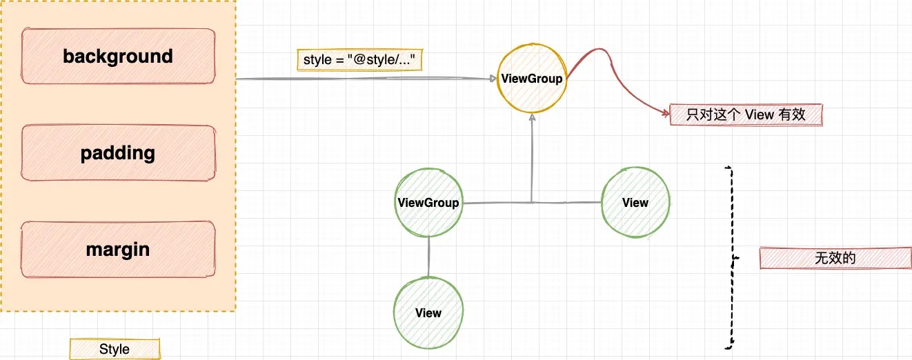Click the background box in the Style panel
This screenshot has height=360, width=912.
point(118,56)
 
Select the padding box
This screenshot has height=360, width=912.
point(118,153)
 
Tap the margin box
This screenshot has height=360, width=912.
point(118,249)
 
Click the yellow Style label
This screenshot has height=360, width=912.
point(115,349)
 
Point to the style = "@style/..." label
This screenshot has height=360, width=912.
point(359,60)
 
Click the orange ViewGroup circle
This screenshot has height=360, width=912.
point(532,79)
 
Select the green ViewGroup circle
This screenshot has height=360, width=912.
point(428,203)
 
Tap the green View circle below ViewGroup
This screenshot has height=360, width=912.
point(428,313)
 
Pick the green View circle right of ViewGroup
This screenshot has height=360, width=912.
point(635,203)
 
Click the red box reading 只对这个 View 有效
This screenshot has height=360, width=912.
point(746,115)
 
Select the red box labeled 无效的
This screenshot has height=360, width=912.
point(835,258)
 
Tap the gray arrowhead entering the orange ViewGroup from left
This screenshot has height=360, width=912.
point(493,79)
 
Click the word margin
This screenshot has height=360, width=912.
point(118,249)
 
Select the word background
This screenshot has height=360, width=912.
point(118,56)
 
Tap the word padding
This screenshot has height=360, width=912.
point(118,153)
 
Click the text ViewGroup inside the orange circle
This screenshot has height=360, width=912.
point(532,79)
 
